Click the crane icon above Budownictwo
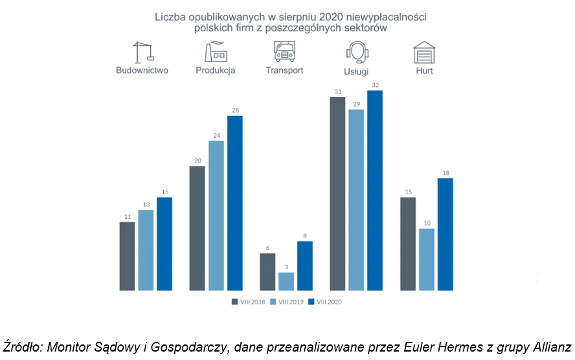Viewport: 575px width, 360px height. (x=142, y=52)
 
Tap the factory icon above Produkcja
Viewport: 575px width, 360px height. (x=215, y=51)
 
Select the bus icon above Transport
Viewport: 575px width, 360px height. (x=284, y=51)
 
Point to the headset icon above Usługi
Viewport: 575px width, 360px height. (x=357, y=52)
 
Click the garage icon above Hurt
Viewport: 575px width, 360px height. (x=424, y=52)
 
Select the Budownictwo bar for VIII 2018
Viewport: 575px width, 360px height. (x=128, y=256)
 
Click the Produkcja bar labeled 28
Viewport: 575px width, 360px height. (x=234, y=203)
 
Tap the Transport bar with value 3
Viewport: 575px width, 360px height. (x=286, y=281)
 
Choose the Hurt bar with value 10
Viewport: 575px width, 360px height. (x=427, y=259)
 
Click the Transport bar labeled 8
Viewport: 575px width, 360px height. (x=305, y=265)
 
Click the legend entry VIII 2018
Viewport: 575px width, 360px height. (x=249, y=301)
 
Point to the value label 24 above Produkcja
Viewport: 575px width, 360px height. (x=216, y=135)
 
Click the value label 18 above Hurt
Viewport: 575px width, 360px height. (x=445, y=173)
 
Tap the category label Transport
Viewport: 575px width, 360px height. (x=284, y=71)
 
